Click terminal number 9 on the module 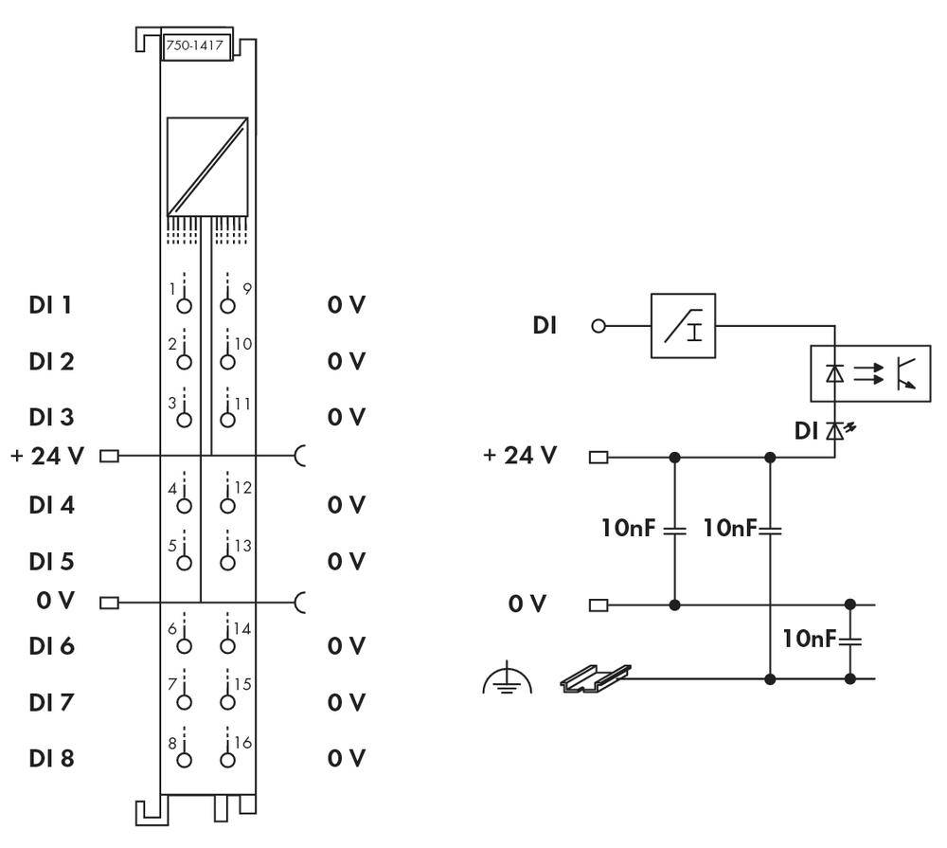[246, 288]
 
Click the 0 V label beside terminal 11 [346, 417]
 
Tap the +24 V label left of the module [47, 456]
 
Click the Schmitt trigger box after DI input [683, 326]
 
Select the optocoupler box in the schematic [868, 374]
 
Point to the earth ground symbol [508, 680]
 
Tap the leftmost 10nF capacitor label [628, 528]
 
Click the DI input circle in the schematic [598, 326]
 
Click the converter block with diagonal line [206, 166]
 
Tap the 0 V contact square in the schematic [599, 604]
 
